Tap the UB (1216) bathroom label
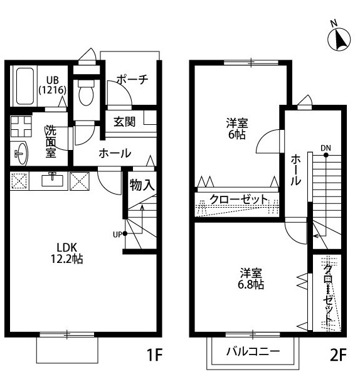pos(52,85)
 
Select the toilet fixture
pos(85,95)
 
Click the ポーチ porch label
pos(132,80)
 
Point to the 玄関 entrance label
pos(124,122)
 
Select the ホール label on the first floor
pos(114,152)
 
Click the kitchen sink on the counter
pos(53,180)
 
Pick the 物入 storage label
pos(142,185)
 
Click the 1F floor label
pos(154,356)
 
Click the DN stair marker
pos(326,148)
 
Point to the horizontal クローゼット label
pos(238,200)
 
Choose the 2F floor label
pos(338,356)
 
